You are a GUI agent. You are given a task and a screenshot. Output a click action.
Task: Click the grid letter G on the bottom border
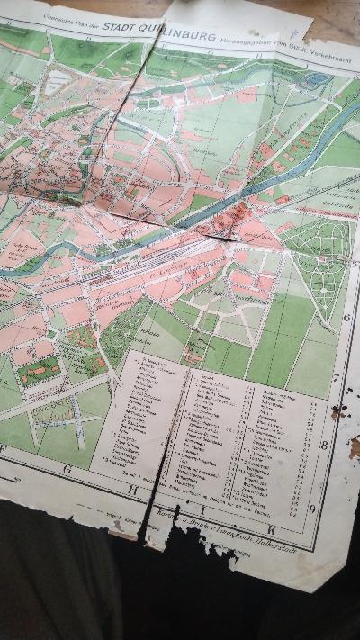point(68,468)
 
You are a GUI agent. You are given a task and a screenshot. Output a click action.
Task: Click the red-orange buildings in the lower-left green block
point(40,369)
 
